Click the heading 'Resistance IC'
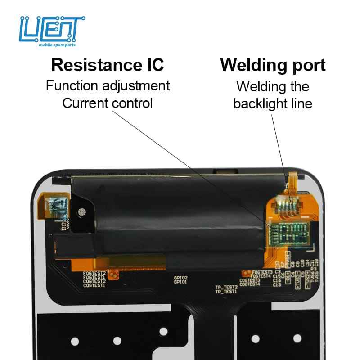point(108,65)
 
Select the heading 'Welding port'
point(273,65)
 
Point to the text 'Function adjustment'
point(108,85)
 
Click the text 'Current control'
point(108,103)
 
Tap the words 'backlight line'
point(273,104)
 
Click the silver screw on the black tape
point(82,211)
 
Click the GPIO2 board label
point(180,278)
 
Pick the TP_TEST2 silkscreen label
point(226,287)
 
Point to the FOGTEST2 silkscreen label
point(94,273)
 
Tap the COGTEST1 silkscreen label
point(94,285)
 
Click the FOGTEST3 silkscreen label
point(263,272)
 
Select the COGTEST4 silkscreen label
point(250,284)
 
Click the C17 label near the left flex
point(65,228)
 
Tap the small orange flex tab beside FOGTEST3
point(246,273)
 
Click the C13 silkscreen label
point(277,285)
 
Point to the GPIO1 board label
point(180,282)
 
